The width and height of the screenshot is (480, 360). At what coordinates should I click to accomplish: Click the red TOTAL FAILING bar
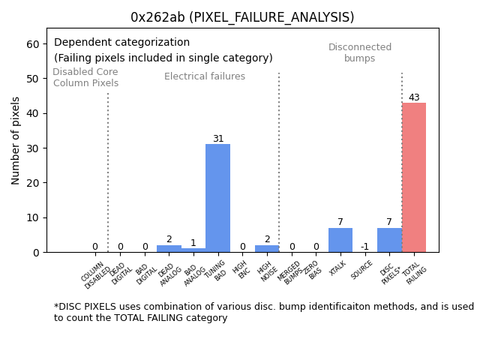coord(414,177)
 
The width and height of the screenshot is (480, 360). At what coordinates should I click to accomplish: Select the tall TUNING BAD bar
coord(217,198)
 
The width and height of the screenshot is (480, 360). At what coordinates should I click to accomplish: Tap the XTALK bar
coord(340,240)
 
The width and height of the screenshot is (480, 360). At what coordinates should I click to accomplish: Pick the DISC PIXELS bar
coord(389,240)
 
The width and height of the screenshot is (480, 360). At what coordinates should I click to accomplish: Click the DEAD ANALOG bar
coord(169,248)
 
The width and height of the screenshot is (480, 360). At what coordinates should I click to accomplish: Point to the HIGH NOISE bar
coord(267,248)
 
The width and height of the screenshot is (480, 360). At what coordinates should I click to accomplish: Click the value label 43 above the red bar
coord(414,97)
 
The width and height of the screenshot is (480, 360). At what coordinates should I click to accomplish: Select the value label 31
coord(217,139)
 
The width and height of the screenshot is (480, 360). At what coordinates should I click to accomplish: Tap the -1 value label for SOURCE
coord(364,247)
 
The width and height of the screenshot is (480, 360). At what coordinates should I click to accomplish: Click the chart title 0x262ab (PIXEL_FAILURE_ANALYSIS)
coord(242,17)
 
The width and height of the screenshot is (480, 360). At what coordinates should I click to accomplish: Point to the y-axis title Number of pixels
coord(16,140)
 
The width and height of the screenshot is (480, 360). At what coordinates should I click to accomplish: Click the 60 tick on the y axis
coord(33,44)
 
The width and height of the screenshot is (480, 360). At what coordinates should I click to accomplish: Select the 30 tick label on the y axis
coord(33,148)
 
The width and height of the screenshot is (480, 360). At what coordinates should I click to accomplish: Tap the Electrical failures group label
coord(205,76)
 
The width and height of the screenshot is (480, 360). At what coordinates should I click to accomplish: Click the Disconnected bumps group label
coord(360,53)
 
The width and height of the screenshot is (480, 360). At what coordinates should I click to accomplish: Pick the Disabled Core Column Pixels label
coord(85,78)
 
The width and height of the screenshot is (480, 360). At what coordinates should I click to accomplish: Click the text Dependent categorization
coord(121,43)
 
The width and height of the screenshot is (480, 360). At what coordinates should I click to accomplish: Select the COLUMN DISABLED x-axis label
coord(95,275)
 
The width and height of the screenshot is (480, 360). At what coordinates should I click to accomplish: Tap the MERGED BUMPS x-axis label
coord(290,272)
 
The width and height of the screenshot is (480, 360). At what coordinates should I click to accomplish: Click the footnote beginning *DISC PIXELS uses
coord(263,312)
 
